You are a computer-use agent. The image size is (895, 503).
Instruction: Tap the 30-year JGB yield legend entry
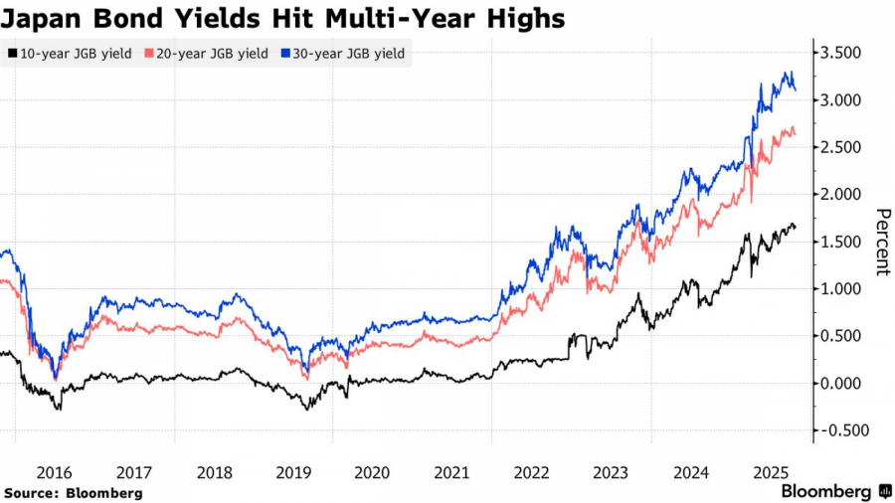pyautogui.click(x=349, y=54)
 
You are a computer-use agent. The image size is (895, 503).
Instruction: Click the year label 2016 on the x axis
pyautogui.click(x=55, y=474)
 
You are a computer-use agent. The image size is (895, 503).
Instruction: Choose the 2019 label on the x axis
pyautogui.click(x=292, y=474)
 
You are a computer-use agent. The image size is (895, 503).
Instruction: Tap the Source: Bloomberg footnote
pyautogui.click(x=73, y=493)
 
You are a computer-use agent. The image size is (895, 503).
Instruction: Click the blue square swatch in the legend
pyautogui.click(x=286, y=54)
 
